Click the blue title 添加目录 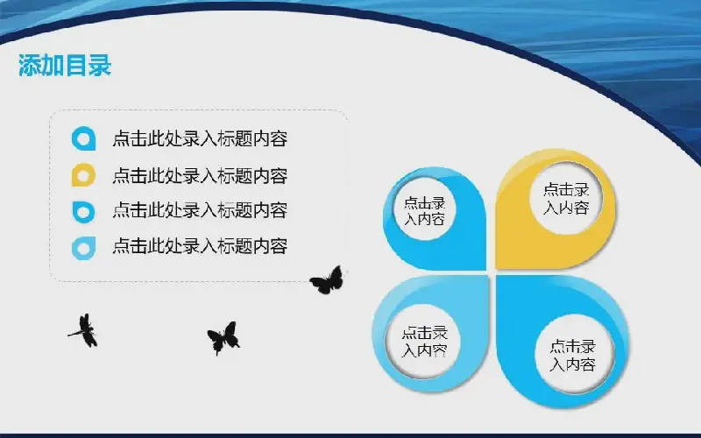[65, 66]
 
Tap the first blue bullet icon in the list [83, 138]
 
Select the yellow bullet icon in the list [83, 174]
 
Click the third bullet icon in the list [83, 211]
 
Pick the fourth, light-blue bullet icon [83, 248]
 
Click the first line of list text [200, 138]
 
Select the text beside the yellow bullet [200, 175]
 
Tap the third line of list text [200, 210]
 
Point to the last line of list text [200, 246]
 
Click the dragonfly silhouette [85, 330]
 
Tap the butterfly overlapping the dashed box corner [327, 280]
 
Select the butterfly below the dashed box [224, 338]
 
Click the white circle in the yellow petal [566, 198]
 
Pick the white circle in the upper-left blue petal [425, 209]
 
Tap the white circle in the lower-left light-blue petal [424, 342]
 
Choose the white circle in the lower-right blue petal [573, 356]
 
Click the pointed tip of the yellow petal [497, 268]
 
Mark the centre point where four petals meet [492, 272]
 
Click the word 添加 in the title [41, 66]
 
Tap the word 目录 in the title [89, 66]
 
